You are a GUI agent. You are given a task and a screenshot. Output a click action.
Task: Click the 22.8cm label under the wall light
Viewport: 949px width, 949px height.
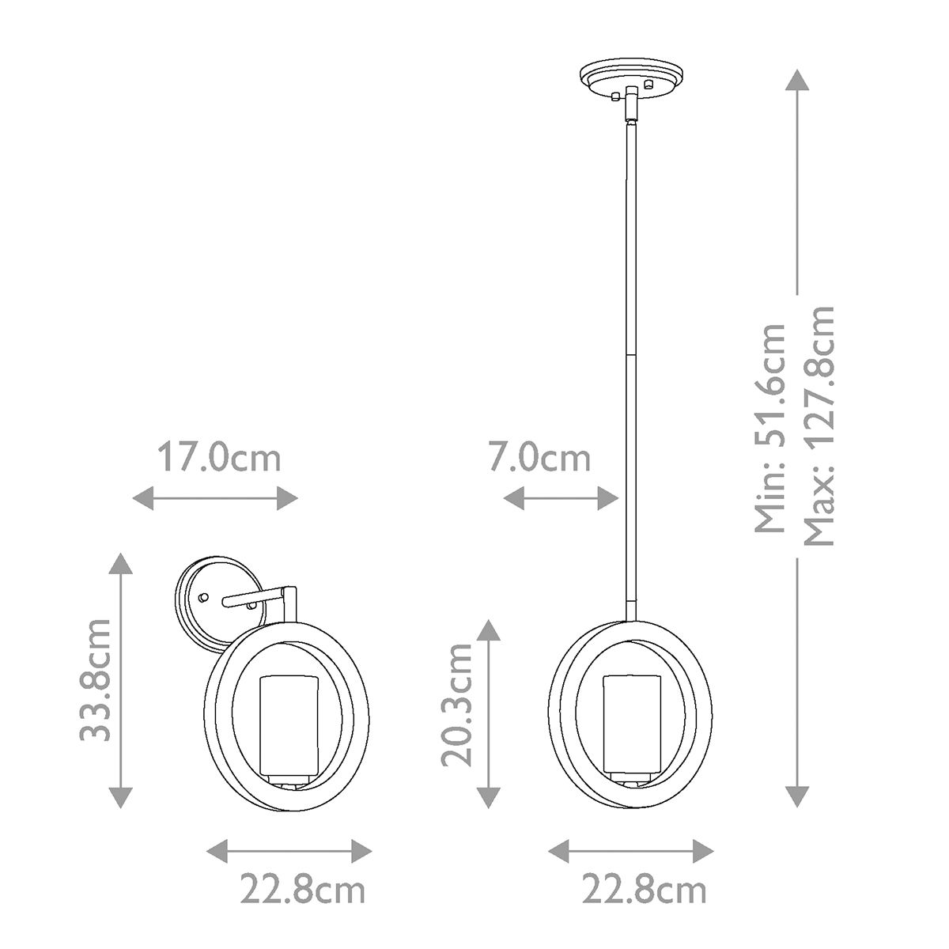pyautogui.click(x=303, y=891)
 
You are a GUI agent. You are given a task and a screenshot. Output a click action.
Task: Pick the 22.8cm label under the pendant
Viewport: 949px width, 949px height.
pyautogui.click(x=644, y=891)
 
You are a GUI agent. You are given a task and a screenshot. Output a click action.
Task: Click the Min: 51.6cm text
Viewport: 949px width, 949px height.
pyautogui.click(x=770, y=427)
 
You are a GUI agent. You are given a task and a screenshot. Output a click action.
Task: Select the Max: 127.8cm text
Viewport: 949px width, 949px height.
pyautogui.click(x=819, y=427)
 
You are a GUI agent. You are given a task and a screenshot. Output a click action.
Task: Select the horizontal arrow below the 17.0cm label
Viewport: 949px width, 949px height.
pyautogui.click(x=214, y=498)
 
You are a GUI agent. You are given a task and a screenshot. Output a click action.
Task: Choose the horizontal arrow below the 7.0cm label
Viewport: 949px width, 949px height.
pyautogui.click(x=561, y=498)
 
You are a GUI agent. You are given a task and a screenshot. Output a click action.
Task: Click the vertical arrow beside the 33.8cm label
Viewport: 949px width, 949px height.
pyautogui.click(x=119, y=679)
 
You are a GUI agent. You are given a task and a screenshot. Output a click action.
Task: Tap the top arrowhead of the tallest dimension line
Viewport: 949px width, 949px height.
pyautogui.click(x=797, y=79)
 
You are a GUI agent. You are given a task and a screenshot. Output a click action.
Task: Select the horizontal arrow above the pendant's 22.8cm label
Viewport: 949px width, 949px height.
pyautogui.click(x=630, y=852)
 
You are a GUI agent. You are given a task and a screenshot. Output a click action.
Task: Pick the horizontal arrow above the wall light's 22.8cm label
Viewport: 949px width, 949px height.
pyautogui.click(x=289, y=852)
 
